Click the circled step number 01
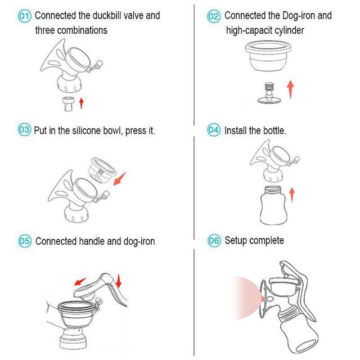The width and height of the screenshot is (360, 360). [24, 16]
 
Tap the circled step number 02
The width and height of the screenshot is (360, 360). [214, 16]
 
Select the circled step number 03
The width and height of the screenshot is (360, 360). [24, 129]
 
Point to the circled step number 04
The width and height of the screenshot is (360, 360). [214, 130]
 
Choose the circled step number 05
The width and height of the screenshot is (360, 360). [25, 241]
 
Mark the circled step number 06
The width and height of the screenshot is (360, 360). [214, 240]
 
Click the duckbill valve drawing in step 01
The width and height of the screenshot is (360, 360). [68, 104]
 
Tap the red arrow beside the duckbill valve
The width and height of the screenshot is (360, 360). [81, 103]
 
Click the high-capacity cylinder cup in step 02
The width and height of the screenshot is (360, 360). [268, 56]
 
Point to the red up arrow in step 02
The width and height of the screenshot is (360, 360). [290, 89]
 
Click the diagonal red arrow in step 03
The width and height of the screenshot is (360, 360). [120, 179]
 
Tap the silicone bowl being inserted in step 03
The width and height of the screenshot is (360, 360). [102, 170]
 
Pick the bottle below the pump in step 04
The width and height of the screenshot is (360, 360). [273, 205]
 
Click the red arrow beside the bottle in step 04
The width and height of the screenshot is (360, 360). [292, 195]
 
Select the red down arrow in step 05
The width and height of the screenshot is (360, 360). [119, 281]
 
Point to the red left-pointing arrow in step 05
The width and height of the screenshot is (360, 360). [80, 281]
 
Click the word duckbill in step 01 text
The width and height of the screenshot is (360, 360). [107, 16]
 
